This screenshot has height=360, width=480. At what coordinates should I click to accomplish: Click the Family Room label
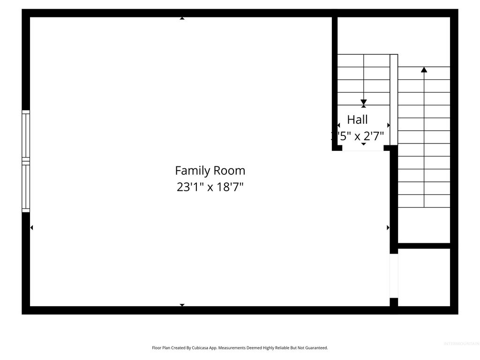point(210,170)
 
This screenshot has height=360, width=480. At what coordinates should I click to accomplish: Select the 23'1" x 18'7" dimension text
point(210,187)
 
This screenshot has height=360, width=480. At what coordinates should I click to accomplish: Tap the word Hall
point(357,120)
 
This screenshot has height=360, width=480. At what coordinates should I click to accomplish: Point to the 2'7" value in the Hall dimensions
point(374,136)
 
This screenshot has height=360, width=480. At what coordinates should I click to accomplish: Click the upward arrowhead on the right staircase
point(424,70)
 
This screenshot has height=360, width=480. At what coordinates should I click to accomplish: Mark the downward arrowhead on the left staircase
point(364,102)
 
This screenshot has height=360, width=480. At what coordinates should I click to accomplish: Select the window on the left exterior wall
point(26,161)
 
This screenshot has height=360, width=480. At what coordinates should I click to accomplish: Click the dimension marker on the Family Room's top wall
point(182,18)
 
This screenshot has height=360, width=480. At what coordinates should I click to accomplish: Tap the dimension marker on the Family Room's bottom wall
point(182,305)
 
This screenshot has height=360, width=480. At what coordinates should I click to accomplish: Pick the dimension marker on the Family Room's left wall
point(31,228)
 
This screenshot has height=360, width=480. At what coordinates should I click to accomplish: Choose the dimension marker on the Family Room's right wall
point(388,228)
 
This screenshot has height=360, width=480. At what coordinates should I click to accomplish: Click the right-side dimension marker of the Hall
point(388,125)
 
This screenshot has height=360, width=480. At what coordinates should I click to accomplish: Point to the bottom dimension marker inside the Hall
point(364,144)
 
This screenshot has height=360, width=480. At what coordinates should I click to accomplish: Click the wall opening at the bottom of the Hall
point(363,149)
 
